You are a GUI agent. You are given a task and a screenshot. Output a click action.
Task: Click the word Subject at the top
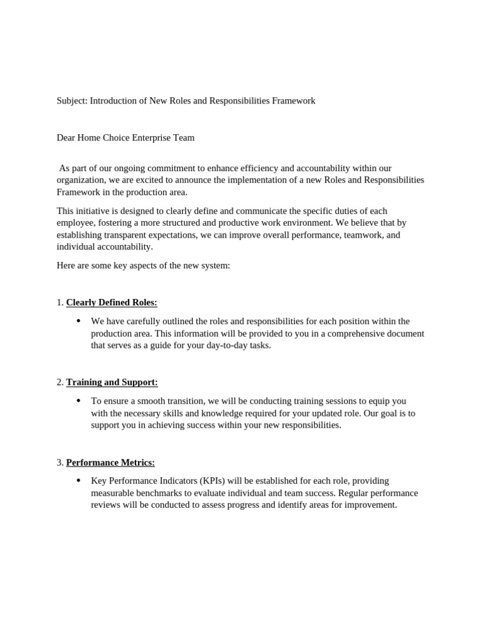(72, 101)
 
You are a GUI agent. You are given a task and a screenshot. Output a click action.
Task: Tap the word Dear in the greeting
(67, 138)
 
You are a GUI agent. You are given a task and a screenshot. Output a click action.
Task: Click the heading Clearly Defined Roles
(112, 303)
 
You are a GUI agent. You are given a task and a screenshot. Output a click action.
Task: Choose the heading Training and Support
(112, 382)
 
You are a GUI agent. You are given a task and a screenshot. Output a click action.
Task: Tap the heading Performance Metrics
(110, 463)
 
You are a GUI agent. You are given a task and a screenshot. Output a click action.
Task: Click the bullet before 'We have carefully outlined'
(78, 321)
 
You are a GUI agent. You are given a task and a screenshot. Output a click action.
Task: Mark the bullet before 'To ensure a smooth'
(78, 401)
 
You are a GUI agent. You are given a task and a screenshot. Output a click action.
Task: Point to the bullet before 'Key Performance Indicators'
(78, 481)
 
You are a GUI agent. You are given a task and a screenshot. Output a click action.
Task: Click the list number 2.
(60, 382)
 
